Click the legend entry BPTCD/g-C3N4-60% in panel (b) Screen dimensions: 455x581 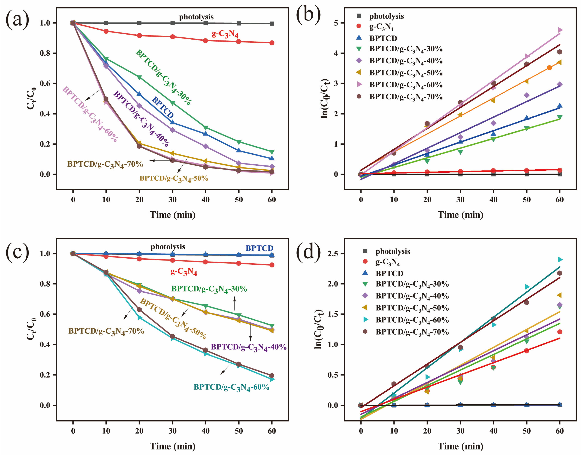pos(406,85)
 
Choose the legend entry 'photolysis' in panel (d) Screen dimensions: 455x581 pos(392,251)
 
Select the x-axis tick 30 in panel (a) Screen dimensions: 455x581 pos(172,200)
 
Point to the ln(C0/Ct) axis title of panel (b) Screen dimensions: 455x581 pos(325,99)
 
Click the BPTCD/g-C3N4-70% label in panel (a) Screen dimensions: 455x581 pos(105,164)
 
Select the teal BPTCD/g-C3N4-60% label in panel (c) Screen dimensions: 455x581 pos(231,387)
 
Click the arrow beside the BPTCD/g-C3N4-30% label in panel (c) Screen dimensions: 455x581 pos(235,303)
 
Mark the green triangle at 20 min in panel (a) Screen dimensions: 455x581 pos(139,77)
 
